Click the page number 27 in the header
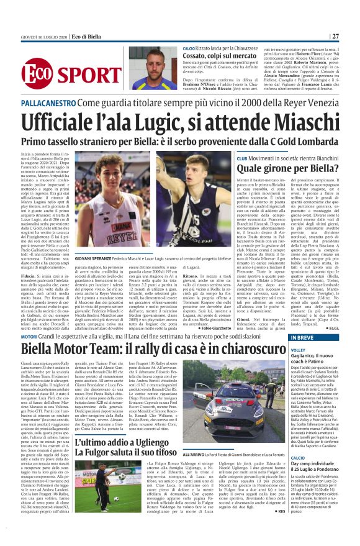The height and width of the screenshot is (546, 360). [352, 35]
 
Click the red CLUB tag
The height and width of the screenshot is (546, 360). [243, 158]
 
